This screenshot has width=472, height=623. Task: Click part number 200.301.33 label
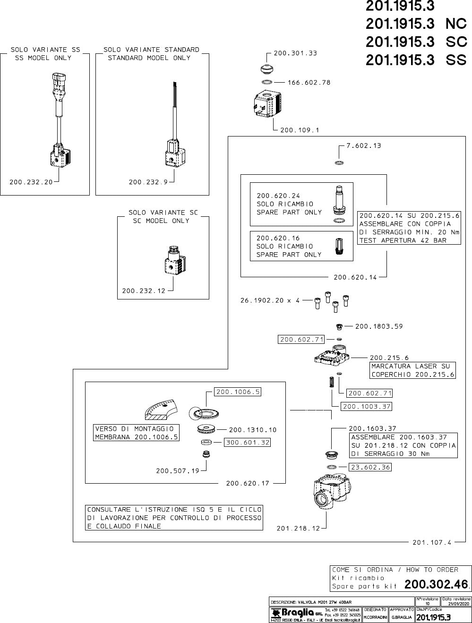tap(295, 53)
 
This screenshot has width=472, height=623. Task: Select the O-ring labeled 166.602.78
tap(267, 82)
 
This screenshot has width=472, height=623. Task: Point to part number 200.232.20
tap(31, 182)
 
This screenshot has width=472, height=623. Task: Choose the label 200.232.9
tap(148, 182)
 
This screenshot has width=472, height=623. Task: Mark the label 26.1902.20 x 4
tap(270, 300)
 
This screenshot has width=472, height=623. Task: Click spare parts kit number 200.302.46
tap(436, 585)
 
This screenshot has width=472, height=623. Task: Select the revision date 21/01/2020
tap(456, 603)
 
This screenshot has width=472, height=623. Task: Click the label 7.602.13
tap(363, 146)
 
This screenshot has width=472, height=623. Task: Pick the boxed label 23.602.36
tap(370, 467)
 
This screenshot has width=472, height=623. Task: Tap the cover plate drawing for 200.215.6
tap(334, 357)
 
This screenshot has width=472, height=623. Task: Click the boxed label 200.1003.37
tap(367, 406)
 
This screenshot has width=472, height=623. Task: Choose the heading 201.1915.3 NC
tap(416, 24)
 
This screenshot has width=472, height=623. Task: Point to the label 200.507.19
tap(178, 470)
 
